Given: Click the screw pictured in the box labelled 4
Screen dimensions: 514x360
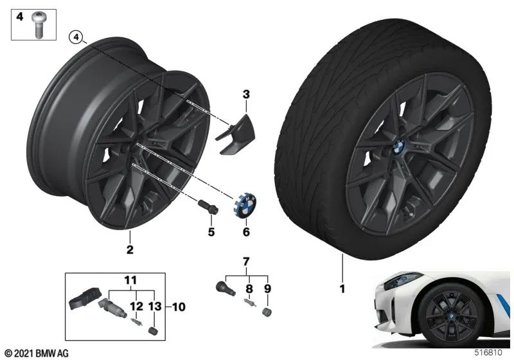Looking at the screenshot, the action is (x=38, y=25).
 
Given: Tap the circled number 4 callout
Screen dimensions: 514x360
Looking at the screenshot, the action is (x=76, y=37).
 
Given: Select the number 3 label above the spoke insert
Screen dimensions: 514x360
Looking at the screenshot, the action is (x=246, y=94).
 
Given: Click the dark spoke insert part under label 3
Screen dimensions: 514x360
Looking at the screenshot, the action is (x=235, y=135).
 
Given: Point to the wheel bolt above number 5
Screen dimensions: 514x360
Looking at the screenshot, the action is (x=208, y=207).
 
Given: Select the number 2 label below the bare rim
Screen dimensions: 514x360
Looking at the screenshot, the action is (x=130, y=249).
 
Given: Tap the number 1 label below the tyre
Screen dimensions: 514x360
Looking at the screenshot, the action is (x=342, y=289).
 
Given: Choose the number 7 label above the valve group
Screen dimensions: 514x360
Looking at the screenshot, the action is (x=246, y=261).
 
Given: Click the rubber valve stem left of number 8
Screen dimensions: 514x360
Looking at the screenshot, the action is (x=226, y=288).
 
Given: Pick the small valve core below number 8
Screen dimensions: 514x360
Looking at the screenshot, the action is (x=249, y=301).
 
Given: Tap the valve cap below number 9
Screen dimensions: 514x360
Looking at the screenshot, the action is (x=267, y=312).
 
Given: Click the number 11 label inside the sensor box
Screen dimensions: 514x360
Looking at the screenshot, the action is (x=130, y=280).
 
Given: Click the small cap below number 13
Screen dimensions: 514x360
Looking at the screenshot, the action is (x=153, y=330).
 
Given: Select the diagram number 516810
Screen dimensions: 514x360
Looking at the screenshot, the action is (x=488, y=352).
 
